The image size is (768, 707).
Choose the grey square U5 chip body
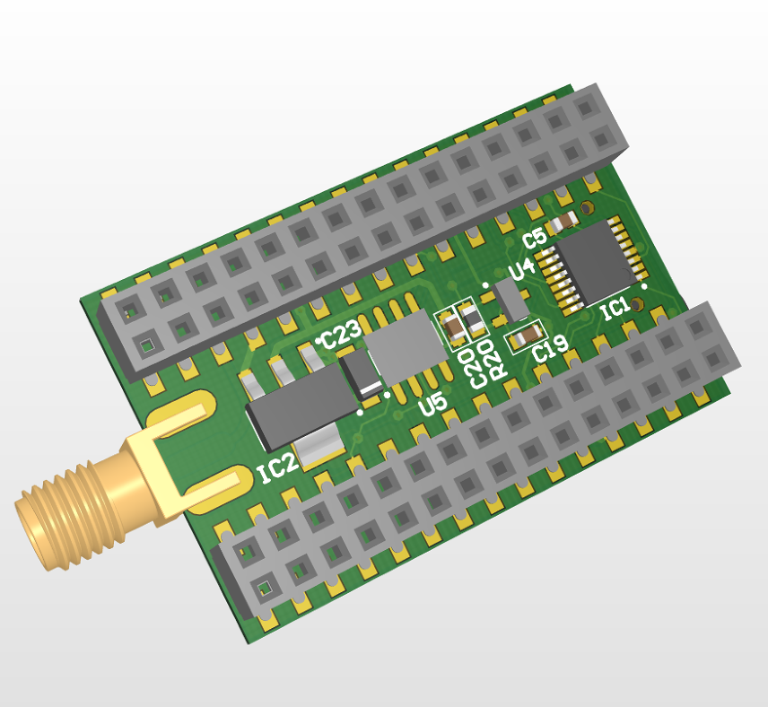click(407, 345)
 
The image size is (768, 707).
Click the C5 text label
click(535, 239)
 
